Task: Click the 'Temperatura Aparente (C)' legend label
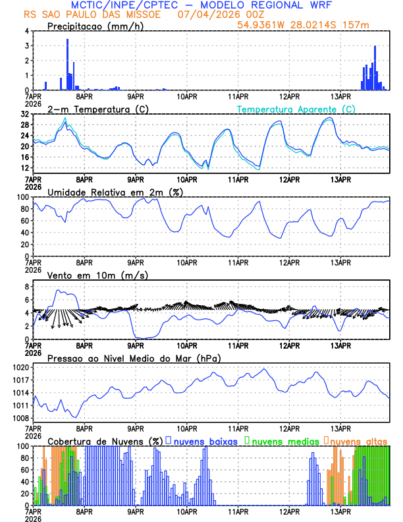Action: point(296,109)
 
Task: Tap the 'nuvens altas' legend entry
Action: point(359,440)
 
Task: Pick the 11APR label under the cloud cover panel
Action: point(238,511)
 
